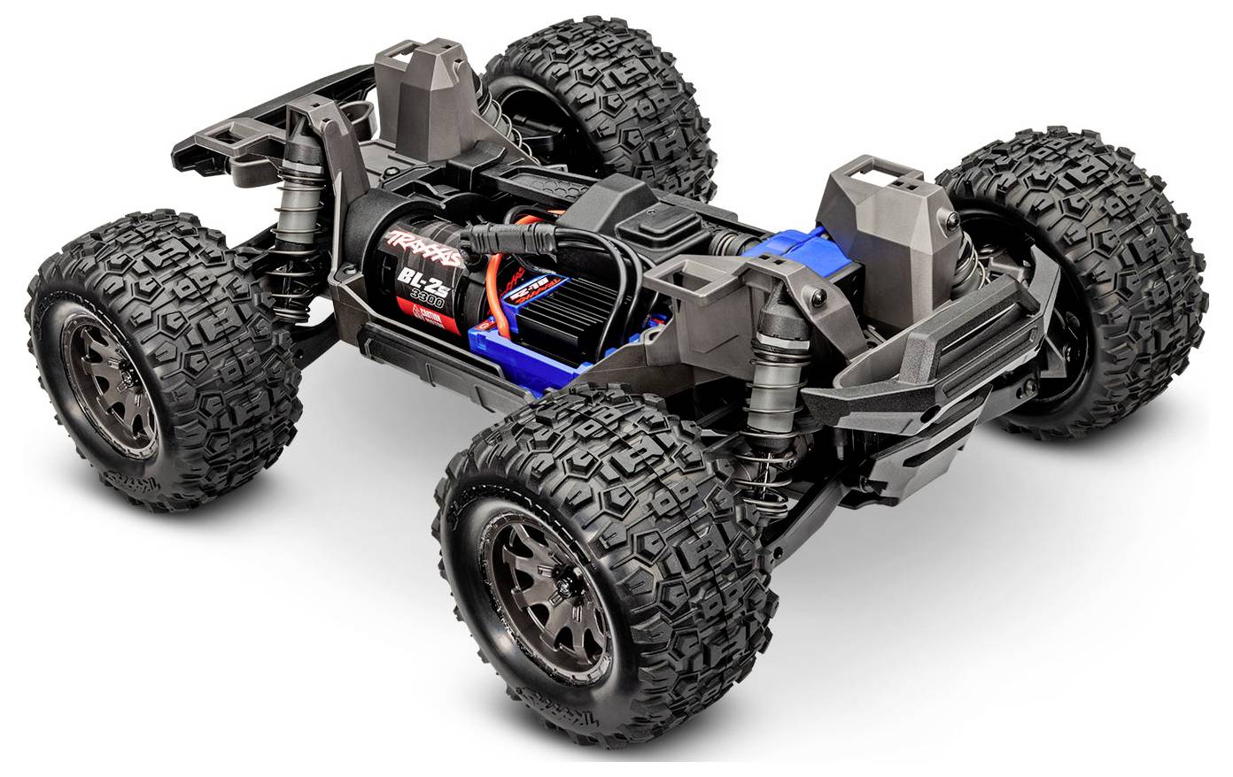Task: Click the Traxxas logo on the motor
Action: (x=424, y=247)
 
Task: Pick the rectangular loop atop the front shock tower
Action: (x=873, y=177)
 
